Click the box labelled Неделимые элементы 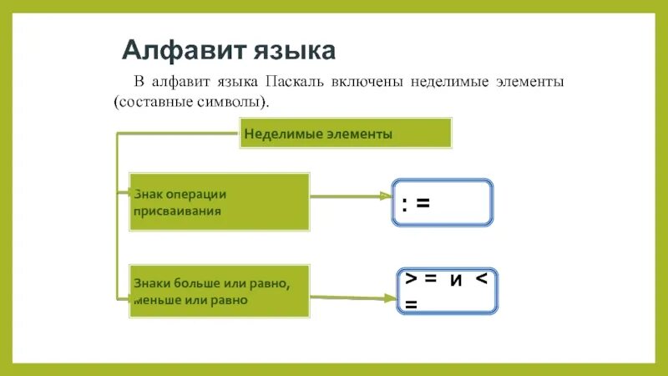[x=346, y=134]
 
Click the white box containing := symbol [x=443, y=202]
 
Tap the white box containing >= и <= [x=446, y=291]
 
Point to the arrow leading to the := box [x=351, y=197]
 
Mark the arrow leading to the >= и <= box [x=351, y=297]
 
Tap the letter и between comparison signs [x=456, y=280]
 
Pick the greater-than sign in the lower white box [x=411, y=279]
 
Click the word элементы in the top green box [x=362, y=134]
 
